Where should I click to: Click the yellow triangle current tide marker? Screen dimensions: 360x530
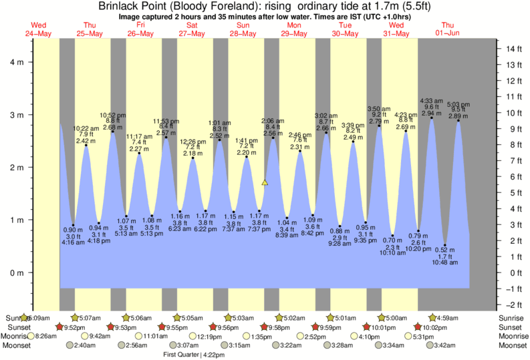265,182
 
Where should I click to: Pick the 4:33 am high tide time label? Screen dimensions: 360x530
432,101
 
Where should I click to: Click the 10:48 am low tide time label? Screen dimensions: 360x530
445,262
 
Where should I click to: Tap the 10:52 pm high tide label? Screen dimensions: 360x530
113,114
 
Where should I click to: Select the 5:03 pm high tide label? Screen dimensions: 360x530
458,104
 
